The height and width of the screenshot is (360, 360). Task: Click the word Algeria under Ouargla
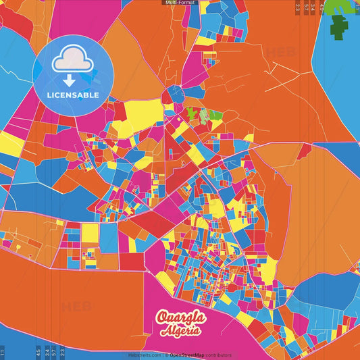pyautogui.click(x=180, y=331)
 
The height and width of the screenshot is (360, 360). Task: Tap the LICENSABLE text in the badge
pyautogui.click(x=73, y=95)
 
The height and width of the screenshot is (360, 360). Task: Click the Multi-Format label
pyautogui.click(x=180, y=3)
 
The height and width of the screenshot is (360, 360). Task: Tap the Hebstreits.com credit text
pyautogui.click(x=145, y=355)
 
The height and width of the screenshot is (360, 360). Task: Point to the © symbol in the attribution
pyautogui.click(x=168, y=355)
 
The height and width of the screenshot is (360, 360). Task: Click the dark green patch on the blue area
pyautogui.click(x=340, y=28)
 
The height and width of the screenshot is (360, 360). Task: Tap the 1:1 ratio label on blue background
pyautogui.click(x=3, y=351)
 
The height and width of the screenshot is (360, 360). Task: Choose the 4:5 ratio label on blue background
pyautogui.click(x=38, y=351)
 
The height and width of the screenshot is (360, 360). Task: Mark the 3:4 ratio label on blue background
pyautogui.click(x=47, y=351)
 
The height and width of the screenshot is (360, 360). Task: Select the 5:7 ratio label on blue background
pyautogui.click(x=54, y=351)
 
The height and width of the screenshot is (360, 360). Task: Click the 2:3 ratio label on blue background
pyautogui.click(x=62, y=351)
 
